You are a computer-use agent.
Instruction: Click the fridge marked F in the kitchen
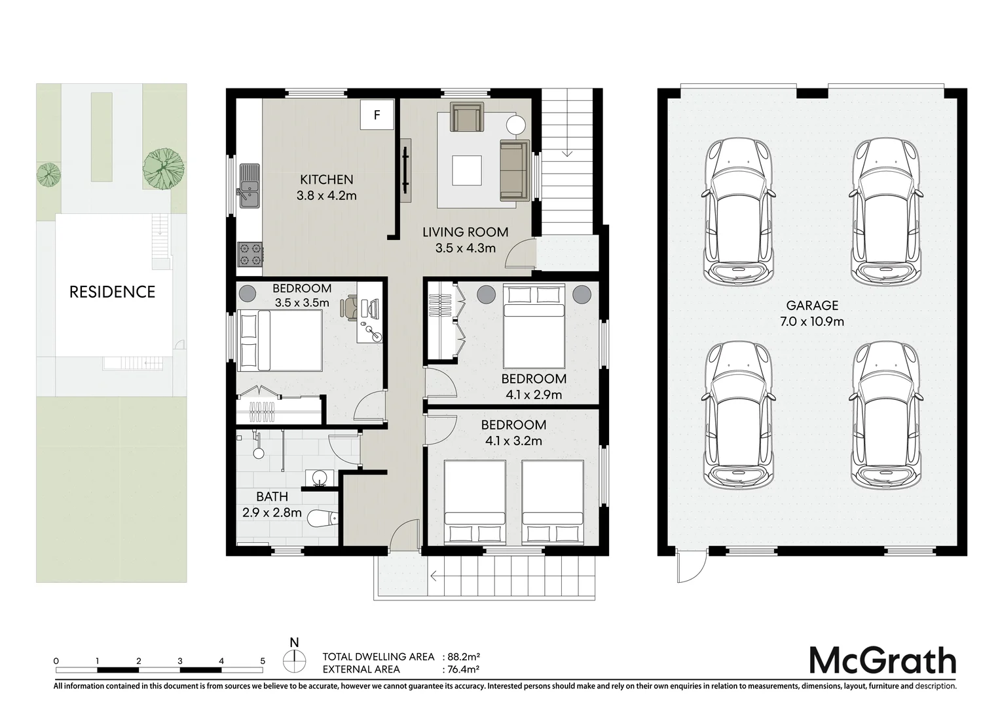point(377,115)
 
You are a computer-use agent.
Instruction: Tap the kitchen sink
point(250,186)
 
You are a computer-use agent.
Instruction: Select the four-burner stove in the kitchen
point(250,255)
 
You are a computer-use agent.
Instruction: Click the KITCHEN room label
point(326,180)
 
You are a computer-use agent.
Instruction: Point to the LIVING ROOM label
point(465,233)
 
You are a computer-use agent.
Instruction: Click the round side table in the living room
point(515,125)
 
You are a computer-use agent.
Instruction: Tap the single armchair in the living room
point(467,117)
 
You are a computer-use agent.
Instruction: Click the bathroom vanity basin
point(319,478)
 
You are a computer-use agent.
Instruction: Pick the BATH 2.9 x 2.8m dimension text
point(272,513)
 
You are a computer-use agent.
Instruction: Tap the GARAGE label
point(812,305)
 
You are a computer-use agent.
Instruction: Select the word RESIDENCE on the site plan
point(112,292)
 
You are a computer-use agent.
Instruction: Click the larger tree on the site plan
point(164,168)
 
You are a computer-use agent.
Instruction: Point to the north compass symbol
point(294,659)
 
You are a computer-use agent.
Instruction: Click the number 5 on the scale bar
point(263,661)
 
